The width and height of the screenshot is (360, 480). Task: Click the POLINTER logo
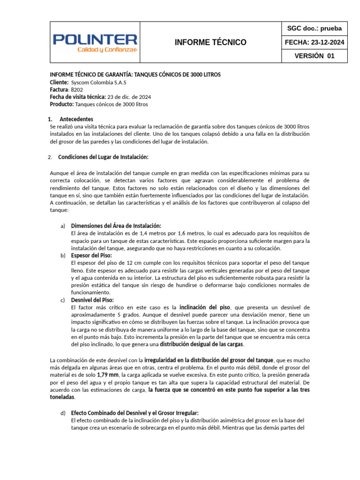95,39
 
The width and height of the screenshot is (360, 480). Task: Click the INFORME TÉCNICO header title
210,42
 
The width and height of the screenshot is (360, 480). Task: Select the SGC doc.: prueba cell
315,29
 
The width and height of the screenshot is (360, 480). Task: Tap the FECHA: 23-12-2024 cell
315,42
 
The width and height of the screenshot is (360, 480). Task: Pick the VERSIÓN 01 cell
315,56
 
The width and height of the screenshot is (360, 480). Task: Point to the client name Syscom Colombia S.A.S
102,82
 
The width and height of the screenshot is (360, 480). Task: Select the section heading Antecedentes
76,119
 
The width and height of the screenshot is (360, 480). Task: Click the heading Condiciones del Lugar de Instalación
103,157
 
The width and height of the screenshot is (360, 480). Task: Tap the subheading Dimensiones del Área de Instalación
116,226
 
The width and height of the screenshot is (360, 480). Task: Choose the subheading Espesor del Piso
91,255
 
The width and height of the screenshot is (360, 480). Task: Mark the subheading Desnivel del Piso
92,300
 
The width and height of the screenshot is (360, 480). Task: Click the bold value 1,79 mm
108,375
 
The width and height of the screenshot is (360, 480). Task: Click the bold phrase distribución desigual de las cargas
202,345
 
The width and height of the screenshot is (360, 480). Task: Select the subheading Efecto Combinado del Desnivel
135,413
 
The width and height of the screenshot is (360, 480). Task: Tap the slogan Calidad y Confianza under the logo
106,49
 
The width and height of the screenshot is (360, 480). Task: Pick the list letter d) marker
63,413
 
